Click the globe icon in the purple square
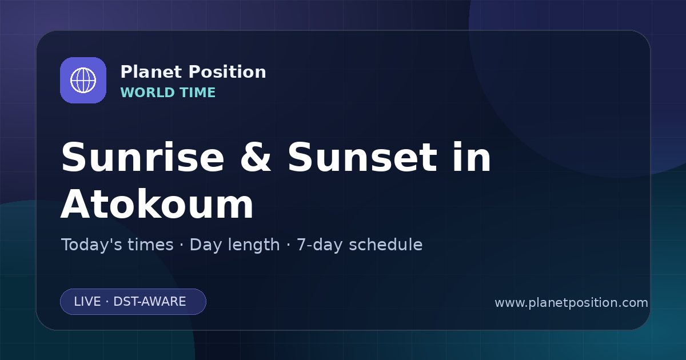pyautogui.click(x=83, y=80)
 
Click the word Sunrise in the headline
pyautogui.click(x=143, y=157)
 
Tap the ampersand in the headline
pyautogui.click(x=256, y=157)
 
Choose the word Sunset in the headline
pyautogui.click(x=362, y=157)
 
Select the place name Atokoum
pyautogui.click(x=157, y=204)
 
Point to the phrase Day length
pyautogui.click(x=234, y=245)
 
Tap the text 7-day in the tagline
pyautogui.click(x=320, y=245)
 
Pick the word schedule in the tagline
pyautogui.click(x=386, y=245)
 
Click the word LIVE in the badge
pyautogui.click(x=87, y=302)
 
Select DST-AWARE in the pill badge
pyautogui.click(x=150, y=302)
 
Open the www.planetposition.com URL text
pyautogui.click(x=572, y=303)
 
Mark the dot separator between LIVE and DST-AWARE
pyautogui.click(x=107, y=302)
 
